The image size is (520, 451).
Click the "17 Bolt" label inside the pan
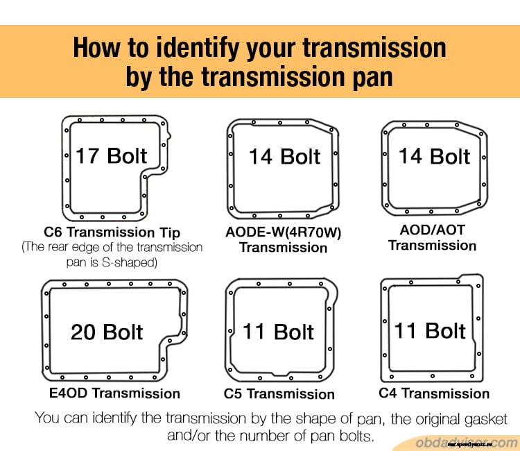[x=111, y=155]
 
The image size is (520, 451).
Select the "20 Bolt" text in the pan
[x=107, y=332]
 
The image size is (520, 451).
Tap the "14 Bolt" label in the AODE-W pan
[x=284, y=156]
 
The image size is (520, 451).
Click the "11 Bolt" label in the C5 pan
[x=279, y=332]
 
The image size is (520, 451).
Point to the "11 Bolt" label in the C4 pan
[x=430, y=330]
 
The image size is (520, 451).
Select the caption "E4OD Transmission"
[x=114, y=393]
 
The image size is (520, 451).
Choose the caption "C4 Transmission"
[x=434, y=393]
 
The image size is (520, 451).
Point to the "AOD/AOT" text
[x=433, y=230]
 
